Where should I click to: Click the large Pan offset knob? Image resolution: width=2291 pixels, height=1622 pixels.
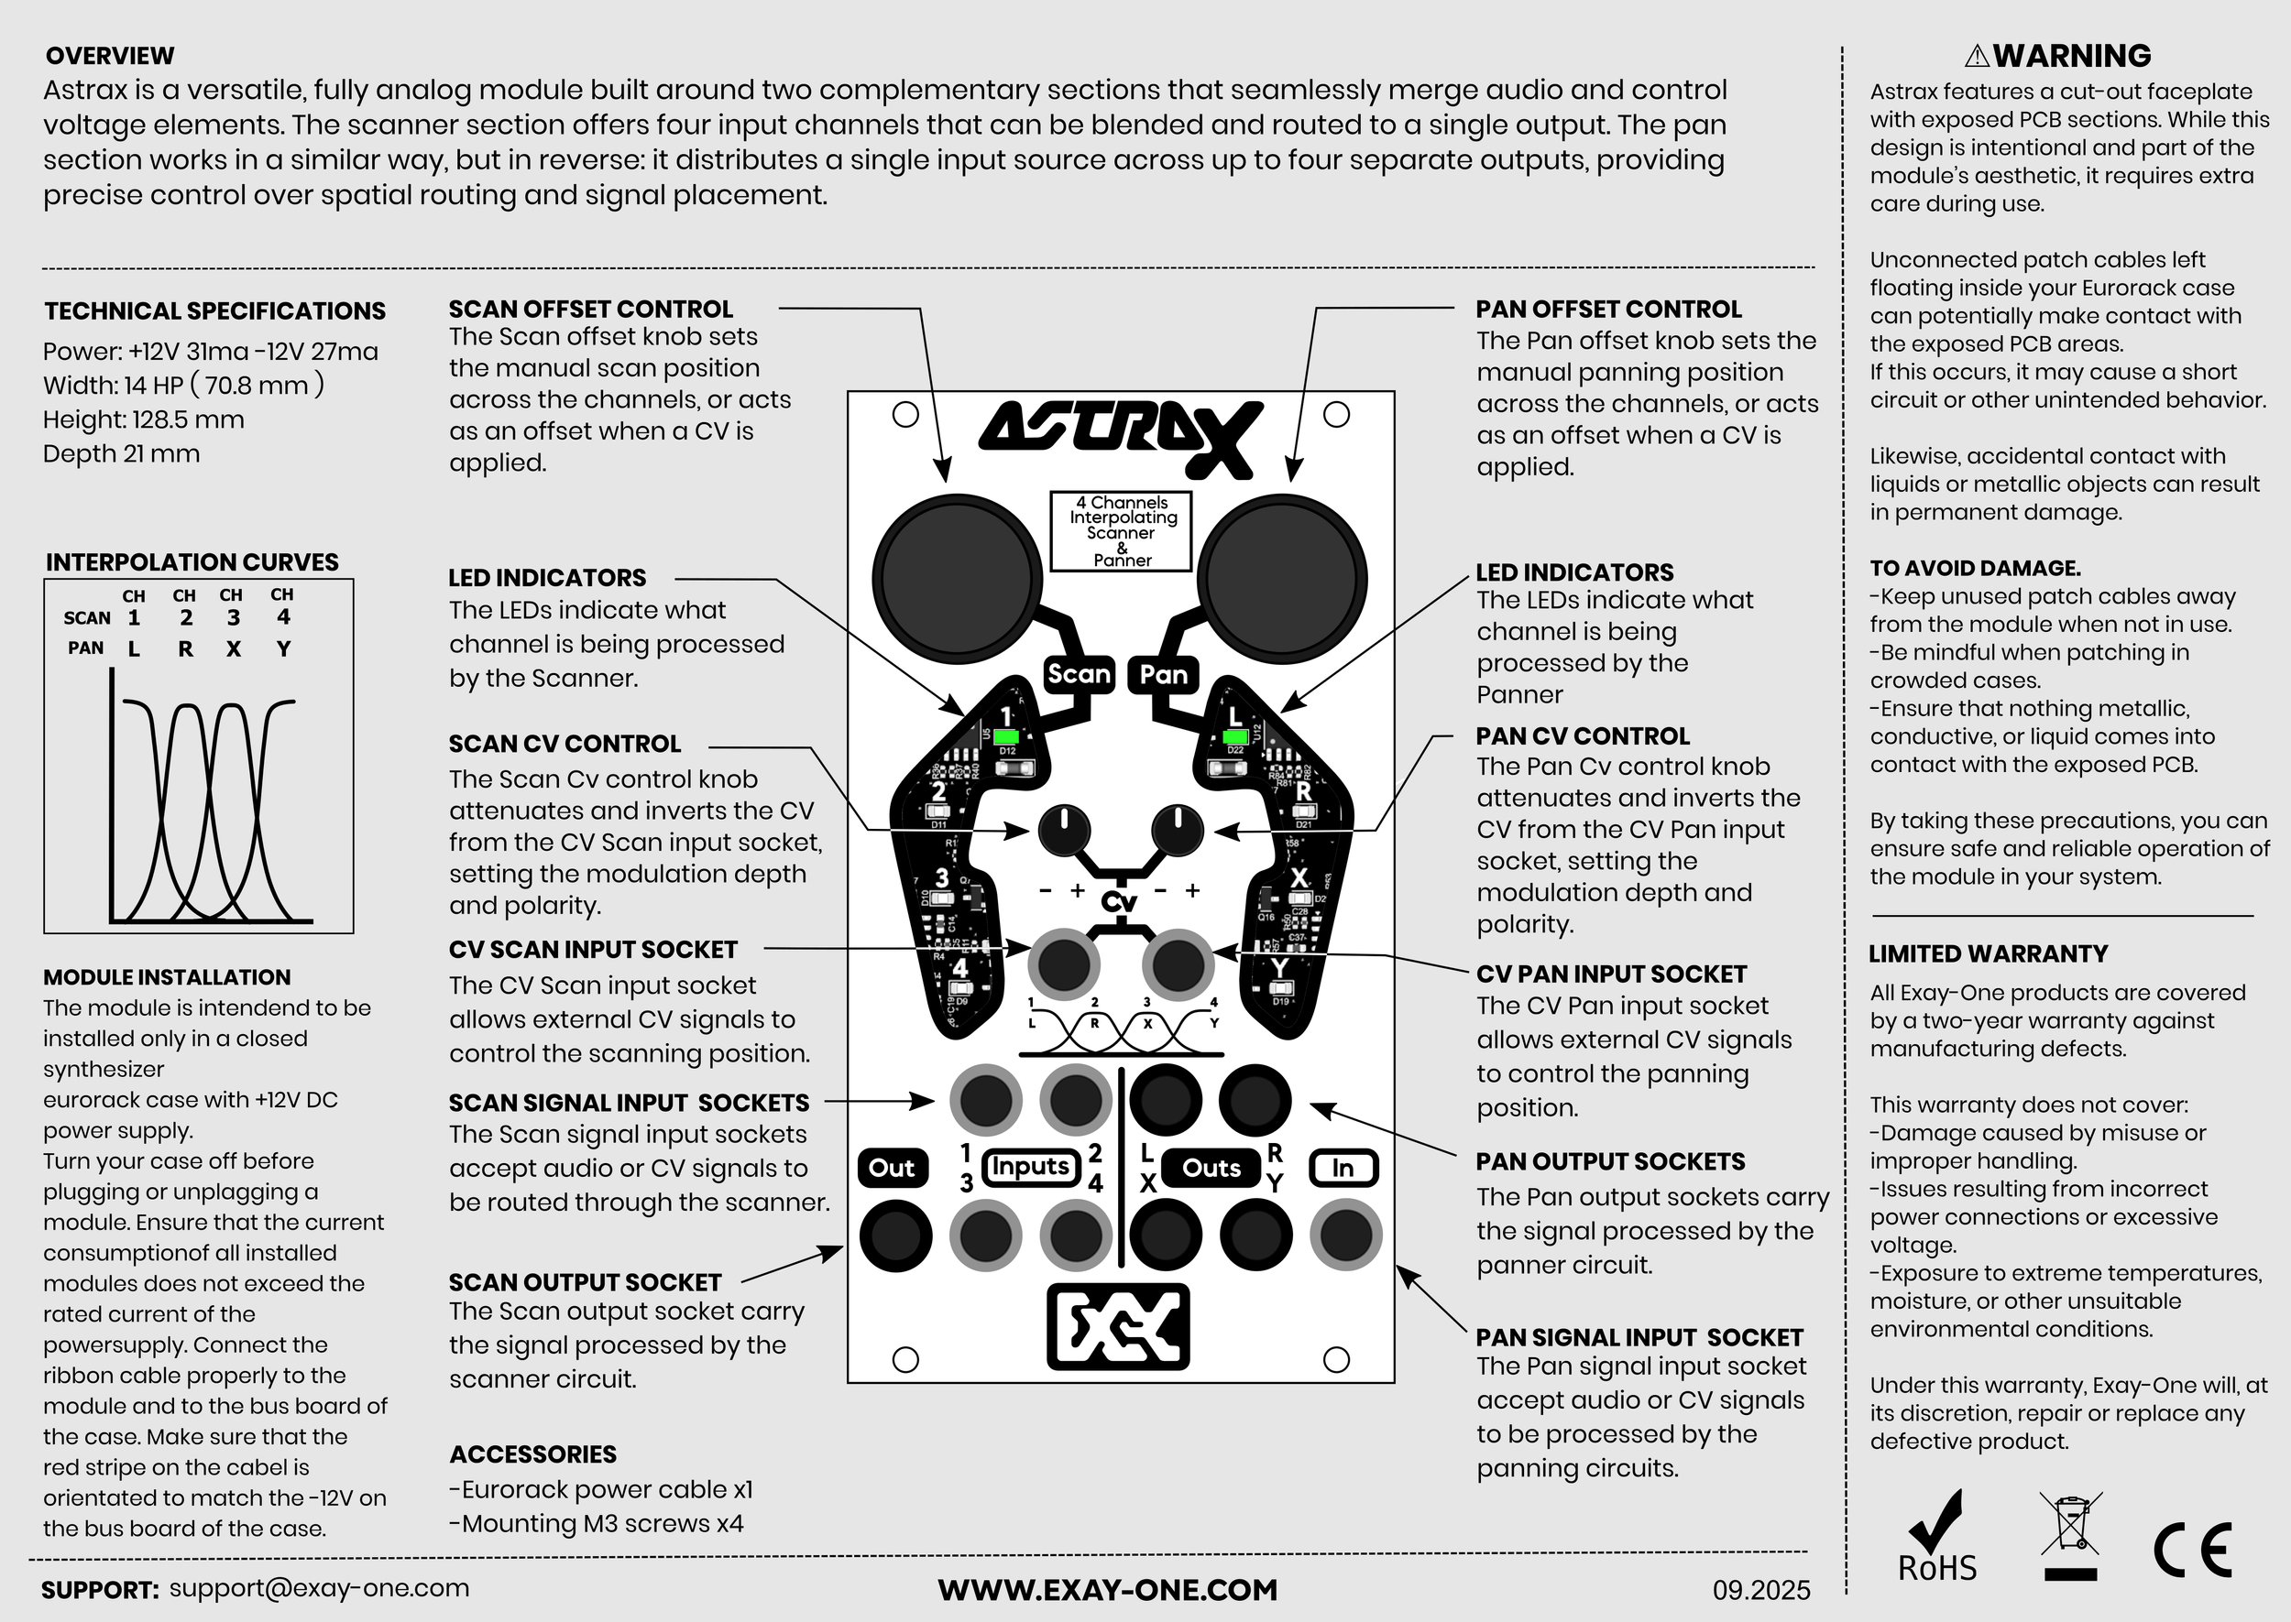click(1283, 577)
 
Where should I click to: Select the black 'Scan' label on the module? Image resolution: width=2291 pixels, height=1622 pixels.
click(1078, 674)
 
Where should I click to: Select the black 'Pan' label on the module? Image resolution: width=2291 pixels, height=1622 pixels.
click(1163, 674)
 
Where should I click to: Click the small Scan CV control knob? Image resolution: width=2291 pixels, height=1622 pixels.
click(1064, 830)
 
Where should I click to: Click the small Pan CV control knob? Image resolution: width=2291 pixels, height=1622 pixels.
click(1178, 830)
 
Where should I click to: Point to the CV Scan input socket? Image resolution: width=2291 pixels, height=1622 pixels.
click(1064, 963)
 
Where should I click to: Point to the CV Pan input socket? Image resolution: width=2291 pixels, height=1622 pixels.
click(1178, 963)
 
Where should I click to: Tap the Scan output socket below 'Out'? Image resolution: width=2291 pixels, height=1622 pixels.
click(895, 1236)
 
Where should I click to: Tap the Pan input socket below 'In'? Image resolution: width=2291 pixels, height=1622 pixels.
click(1346, 1236)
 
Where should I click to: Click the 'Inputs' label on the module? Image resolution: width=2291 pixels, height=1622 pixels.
click(1030, 1168)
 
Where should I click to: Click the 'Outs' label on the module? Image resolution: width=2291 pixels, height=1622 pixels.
click(1211, 1168)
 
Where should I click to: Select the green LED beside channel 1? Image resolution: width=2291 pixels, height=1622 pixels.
click(1006, 737)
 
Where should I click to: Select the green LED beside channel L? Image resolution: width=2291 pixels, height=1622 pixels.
click(1235, 737)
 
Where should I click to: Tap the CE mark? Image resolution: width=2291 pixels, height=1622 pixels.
click(2193, 1550)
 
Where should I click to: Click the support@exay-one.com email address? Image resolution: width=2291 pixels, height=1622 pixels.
click(319, 1589)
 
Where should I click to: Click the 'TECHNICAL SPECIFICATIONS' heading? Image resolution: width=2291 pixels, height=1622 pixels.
click(214, 310)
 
